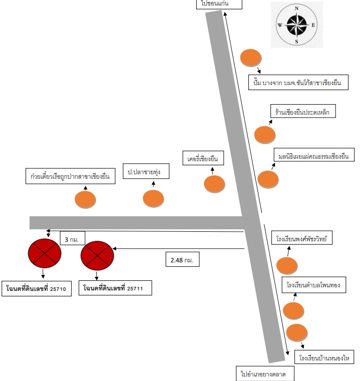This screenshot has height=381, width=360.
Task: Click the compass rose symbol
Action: (296, 25)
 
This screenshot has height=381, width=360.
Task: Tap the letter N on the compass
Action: (296, 9)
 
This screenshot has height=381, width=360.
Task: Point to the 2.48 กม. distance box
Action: (182, 259)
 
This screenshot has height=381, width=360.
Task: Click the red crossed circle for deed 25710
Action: (45, 253)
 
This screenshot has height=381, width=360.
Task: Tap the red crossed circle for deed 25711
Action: (97, 256)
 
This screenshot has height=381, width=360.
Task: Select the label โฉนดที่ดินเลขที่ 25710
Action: (37, 289)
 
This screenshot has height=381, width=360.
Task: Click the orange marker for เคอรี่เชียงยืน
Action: (214, 184)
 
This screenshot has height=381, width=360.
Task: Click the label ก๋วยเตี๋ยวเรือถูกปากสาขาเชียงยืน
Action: (71, 176)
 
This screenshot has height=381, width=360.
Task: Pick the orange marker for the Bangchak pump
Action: (251, 58)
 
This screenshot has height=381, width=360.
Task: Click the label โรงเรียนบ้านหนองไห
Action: (324, 357)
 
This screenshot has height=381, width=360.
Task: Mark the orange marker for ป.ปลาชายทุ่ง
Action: (153, 199)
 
